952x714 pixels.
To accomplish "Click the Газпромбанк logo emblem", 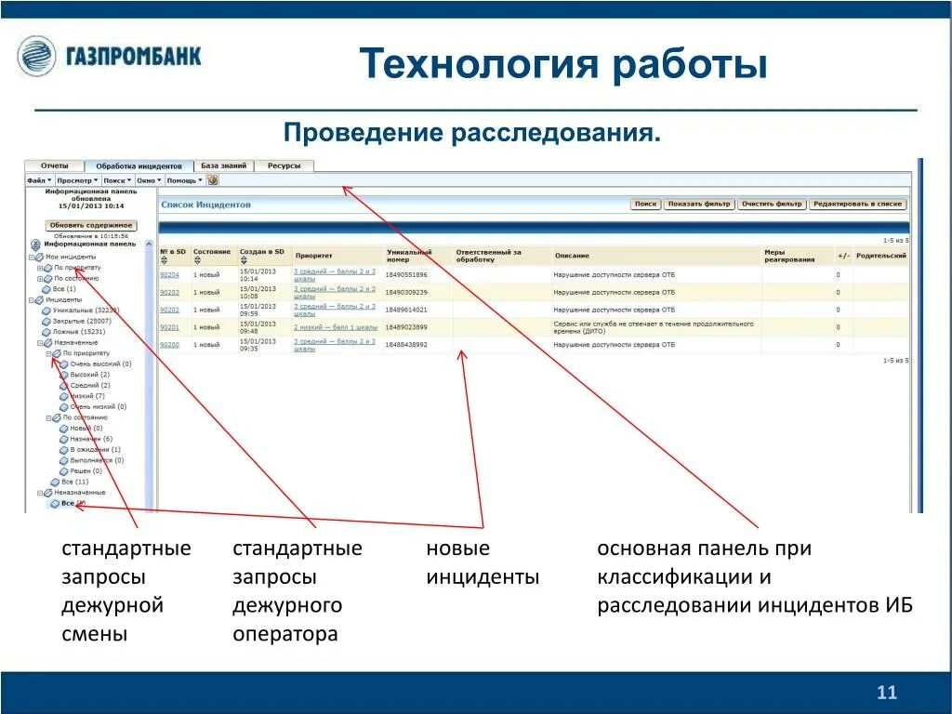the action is (x=36, y=56).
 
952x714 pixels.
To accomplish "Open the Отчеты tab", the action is (x=54, y=165).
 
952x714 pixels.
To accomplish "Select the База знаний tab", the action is (x=224, y=165).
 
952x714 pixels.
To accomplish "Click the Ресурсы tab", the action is (x=284, y=165).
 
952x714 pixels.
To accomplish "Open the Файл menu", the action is (x=37, y=179).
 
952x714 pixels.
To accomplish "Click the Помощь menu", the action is (x=182, y=179).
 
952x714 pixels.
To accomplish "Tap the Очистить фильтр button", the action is (x=772, y=204).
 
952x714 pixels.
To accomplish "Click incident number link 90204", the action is (x=169, y=275).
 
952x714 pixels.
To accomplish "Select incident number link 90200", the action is (x=169, y=345).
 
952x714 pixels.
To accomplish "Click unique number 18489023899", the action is (x=406, y=327).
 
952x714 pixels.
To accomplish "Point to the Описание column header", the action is (x=571, y=255).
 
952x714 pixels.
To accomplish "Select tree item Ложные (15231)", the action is (x=79, y=332).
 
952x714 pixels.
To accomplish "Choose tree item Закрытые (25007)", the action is (x=82, y=321).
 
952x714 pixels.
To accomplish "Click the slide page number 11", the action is (x=886, y=693).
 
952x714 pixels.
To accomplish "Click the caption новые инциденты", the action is (x=482, y=562).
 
